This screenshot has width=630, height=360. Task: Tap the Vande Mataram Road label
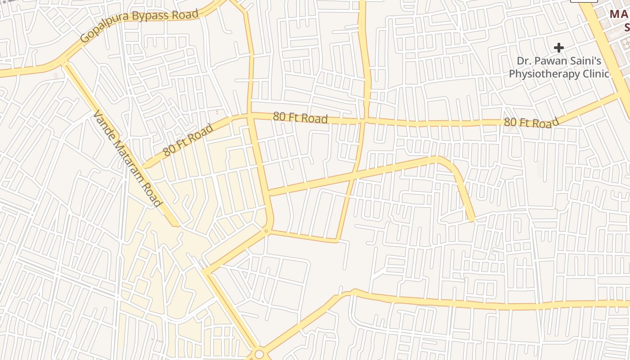pyautogui.click(x=127, y=159)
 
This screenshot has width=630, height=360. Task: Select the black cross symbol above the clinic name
pyautogui.click(x=559, y=48)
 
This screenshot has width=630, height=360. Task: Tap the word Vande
pyautogui.click(x=103, y=124)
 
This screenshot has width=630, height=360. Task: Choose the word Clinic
pyautogui.click(x=595, y=73)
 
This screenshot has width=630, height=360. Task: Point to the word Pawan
pyautogui.click(x=557, y=61)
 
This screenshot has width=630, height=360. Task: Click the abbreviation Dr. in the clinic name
pyautogui.click(x=524, y=61)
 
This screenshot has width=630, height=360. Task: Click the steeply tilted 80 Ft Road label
pyautogui.click(x=188, y=140)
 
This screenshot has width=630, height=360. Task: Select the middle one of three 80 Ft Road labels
pyautogui.click(x=300, y=118)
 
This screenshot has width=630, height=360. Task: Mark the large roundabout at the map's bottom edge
pyautogui.click(x=259, y=354)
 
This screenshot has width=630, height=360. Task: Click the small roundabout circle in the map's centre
pyautogui.click(x=266, y=231)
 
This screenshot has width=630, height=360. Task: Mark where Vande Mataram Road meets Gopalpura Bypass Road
pyautogui.click(x=63, y=61)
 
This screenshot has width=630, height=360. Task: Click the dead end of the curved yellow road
pyautogui.click(x=472, y=220)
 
